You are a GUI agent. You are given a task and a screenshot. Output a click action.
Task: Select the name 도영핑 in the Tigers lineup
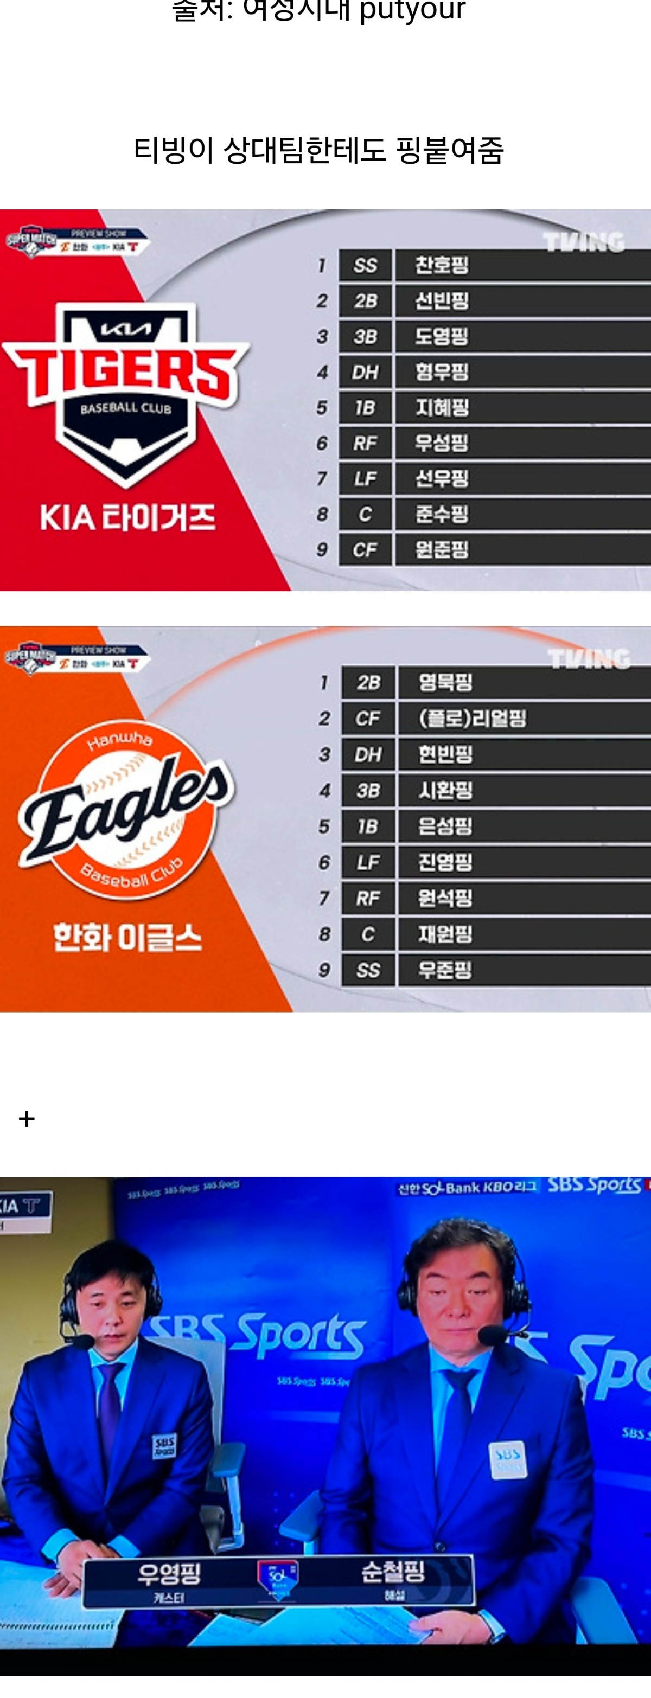441,336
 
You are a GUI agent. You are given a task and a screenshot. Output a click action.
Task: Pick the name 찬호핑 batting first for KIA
441,265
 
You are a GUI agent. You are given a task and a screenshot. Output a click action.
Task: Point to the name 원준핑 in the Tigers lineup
441,549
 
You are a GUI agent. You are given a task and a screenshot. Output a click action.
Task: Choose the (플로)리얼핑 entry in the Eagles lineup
473,718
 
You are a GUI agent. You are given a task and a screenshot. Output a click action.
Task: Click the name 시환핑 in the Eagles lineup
445,790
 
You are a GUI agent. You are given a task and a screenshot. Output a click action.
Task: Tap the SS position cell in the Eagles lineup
368,970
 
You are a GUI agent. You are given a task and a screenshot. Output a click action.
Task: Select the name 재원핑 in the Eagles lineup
445,934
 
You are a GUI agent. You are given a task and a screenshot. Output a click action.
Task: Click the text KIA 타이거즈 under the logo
127,517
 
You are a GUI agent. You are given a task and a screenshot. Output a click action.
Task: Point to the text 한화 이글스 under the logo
127,937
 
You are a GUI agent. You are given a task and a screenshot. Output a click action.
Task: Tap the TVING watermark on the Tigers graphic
584,242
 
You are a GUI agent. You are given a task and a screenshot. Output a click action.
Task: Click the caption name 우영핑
169,1573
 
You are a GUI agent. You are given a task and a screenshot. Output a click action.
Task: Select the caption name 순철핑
393,1572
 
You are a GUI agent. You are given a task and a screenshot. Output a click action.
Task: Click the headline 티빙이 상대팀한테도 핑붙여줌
318,150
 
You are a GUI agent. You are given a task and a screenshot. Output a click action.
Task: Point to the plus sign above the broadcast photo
27,1119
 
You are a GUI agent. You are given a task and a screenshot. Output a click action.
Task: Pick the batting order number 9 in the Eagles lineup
324,970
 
